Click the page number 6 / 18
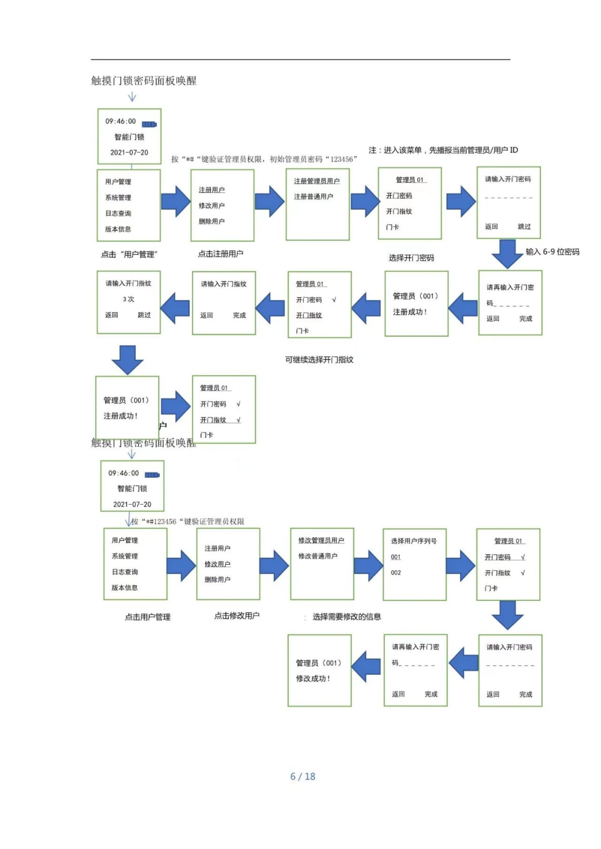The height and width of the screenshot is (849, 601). point(303,776)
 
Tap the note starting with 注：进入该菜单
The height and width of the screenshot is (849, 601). point(443,150)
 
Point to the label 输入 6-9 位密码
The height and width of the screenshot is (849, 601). point(552,252)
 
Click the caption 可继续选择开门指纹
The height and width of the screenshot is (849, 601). point(319,360)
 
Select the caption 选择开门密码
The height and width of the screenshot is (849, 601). point(411,258)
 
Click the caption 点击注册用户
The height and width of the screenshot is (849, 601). point(220,254)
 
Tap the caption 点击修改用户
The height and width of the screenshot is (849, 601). point(237,616)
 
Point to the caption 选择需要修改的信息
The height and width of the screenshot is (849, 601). point(346,616)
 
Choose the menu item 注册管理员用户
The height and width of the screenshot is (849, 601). point(317,181)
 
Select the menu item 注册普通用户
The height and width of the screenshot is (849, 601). point(313,197)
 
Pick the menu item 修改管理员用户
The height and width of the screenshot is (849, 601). point(321,540)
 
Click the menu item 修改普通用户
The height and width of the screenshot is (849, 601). point(318,556)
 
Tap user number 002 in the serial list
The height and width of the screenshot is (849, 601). point(396,572)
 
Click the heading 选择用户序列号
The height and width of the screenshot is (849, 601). point(413,541)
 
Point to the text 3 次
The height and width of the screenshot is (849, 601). point(129,299)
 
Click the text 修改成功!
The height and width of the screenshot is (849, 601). point(313,679)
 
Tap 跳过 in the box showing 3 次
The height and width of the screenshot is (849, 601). point(144,315)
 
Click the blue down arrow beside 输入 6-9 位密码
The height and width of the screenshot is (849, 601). point(507,253)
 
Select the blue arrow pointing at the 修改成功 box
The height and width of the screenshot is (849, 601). point(367,666)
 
